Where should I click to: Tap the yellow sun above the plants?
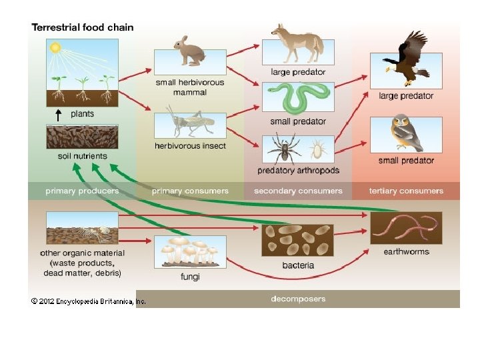(55, 47)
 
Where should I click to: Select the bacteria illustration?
(297, 240)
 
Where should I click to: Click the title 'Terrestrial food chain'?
(83, 27)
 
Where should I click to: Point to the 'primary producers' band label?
(82, 191)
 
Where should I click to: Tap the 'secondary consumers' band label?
(298, 191)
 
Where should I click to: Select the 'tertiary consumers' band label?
(406, 191)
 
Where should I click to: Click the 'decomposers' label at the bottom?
(298, 298)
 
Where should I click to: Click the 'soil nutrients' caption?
(83, 156)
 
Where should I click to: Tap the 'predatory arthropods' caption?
(298, 171)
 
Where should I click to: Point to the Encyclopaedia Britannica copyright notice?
(88, 301)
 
